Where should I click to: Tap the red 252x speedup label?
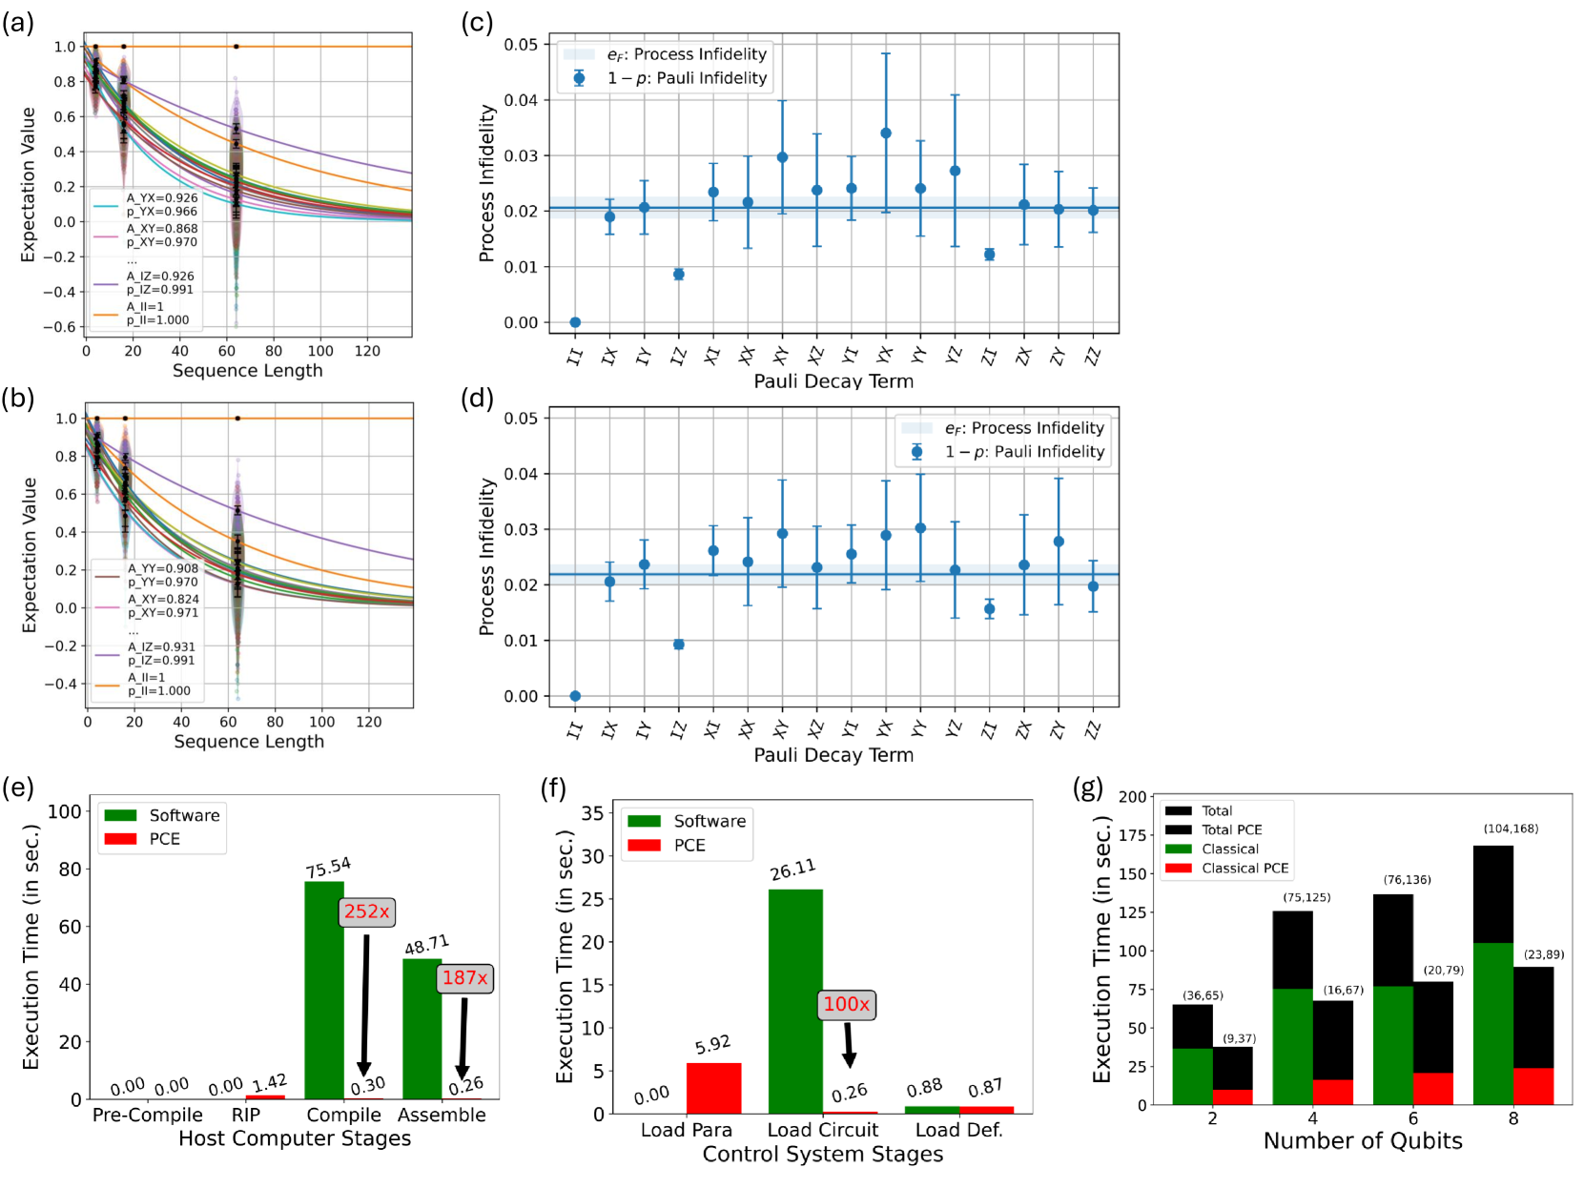367,911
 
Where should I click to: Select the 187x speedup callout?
464,978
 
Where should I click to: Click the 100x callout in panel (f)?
847,1004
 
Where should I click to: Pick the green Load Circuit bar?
795,1001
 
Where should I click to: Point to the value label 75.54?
328,868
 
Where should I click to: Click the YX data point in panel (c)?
886,133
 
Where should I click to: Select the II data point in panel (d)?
575,696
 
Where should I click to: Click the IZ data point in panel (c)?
679,275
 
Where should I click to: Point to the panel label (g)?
1087,789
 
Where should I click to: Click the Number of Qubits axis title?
1362,1141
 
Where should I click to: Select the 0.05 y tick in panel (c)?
521,45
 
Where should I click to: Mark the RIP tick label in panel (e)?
245,1115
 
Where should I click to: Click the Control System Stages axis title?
822,1155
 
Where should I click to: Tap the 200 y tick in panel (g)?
1133,797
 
